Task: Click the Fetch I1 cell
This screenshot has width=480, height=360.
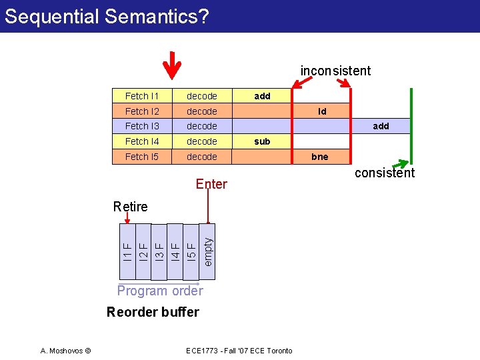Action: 141,96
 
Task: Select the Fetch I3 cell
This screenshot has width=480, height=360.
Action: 141,126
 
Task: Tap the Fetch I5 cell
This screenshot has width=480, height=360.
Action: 141,157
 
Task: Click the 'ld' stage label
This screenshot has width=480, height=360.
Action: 322,111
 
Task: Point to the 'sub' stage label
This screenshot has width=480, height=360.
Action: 262,141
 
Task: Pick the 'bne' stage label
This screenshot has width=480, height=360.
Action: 320,157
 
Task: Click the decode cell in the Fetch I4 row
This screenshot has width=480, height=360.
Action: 202,141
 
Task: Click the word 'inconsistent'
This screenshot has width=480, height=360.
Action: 335,71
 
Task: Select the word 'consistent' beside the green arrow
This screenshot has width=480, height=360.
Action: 385,173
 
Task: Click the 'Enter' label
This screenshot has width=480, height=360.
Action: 211,184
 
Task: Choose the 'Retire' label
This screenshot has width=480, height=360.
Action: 131,207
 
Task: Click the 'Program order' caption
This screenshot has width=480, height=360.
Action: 160,291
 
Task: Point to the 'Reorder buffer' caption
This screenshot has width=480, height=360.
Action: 153,312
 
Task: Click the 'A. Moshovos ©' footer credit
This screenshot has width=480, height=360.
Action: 69,351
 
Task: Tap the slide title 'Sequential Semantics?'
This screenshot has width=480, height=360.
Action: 107,16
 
